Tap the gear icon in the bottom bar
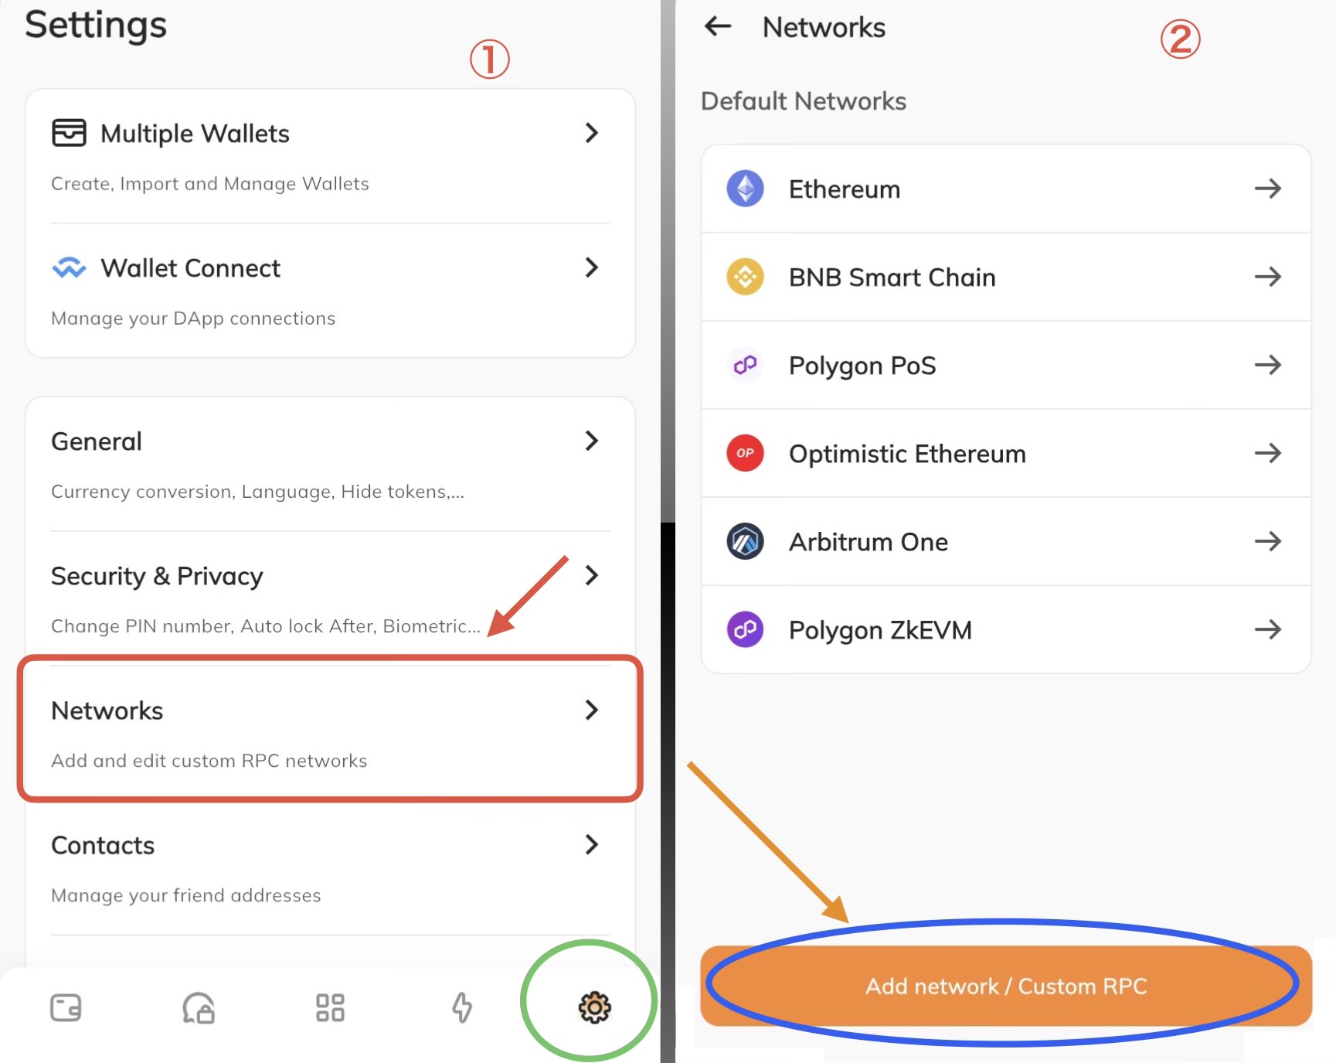pos(594,1007)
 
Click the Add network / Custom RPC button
pos(1006,986)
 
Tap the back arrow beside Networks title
pos(718,26)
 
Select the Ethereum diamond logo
pos(745,189)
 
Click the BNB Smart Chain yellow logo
pos(745,277)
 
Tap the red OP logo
pos(745,453)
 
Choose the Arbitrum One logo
pos(745,541)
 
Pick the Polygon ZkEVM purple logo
pos(745,629)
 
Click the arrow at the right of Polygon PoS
pos(1268,365)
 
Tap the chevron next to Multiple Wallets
pos(592,133)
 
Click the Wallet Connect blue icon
pos(69,267)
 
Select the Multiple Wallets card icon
pos(69,133)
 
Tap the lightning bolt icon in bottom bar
pos(462,1007)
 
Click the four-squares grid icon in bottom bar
pos(330,1007)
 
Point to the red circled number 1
pos(490,60)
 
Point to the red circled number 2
pos(1180,39)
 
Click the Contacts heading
pos(103,845)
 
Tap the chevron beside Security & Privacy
pos(592,575)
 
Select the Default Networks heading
pos(804,101)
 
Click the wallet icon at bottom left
pos(66,1007)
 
